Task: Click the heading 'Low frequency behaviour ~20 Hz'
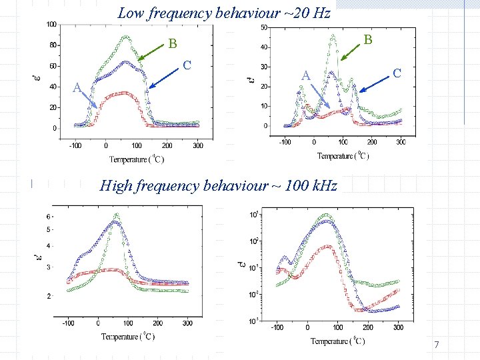[223, 13]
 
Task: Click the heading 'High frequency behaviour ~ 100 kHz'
[219, 186]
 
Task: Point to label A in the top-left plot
[77, 87]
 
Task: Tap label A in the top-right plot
[305, 76]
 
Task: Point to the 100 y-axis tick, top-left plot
[51, 25]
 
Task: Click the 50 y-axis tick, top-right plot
[265, 28]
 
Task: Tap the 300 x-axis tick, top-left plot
[198, 145]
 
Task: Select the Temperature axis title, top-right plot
[343, 156]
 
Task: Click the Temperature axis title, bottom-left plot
[128, 337]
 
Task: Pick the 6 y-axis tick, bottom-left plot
[48, 217]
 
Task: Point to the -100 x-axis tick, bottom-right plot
[277, 327]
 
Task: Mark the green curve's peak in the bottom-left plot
[117, 215]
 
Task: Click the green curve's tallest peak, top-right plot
[332, 36]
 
